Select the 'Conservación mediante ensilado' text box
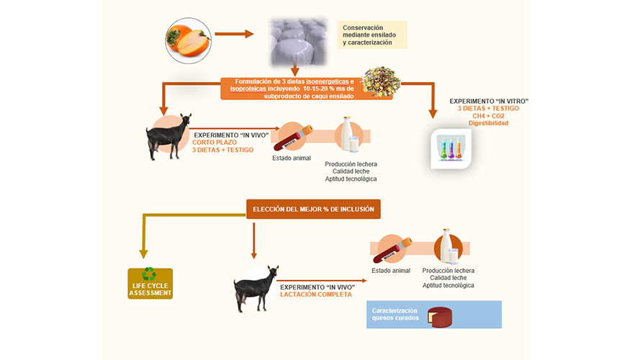373,35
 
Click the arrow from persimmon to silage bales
234,34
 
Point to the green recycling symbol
150,274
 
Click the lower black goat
256,288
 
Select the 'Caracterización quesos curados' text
395,314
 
